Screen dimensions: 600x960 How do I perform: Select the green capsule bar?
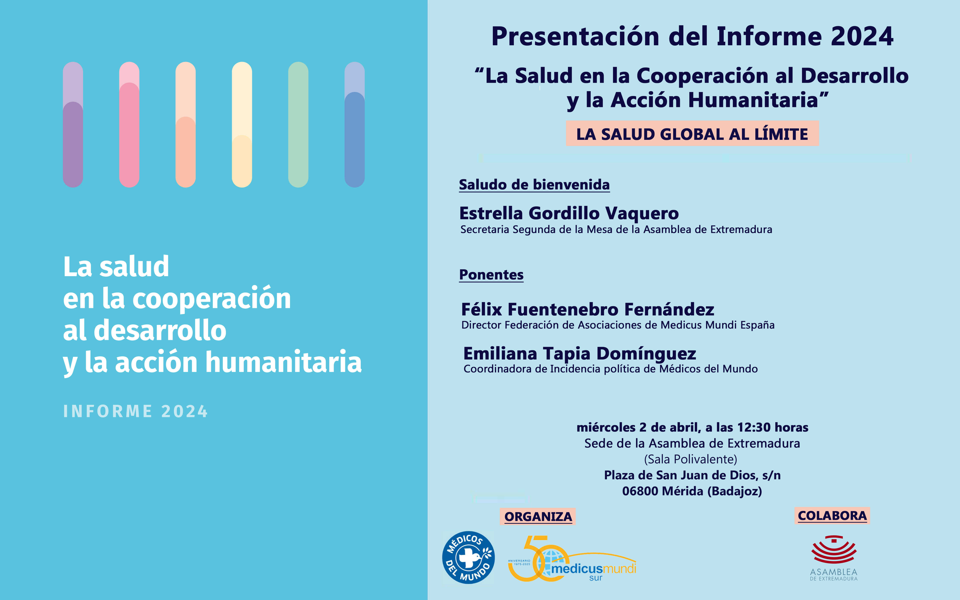point(298,125)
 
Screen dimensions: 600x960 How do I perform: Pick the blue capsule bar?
point(355,125)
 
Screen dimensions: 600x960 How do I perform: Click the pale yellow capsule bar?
point(242,125)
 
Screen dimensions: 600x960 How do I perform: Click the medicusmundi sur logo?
point(572,560)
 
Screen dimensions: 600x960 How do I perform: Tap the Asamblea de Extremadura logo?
point(834,558)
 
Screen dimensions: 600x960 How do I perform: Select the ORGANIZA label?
point(538,517)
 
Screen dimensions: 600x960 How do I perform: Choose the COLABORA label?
point(832,516)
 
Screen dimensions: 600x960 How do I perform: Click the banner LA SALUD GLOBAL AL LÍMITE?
point(692,134)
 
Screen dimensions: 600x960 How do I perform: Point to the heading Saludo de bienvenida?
point(534,185)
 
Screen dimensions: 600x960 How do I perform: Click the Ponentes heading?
point(491,275)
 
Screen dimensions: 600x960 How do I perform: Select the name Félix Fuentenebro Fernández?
point(588,309)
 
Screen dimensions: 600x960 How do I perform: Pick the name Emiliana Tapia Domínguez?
point(580,353)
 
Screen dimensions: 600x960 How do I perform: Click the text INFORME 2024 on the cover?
point(135,411)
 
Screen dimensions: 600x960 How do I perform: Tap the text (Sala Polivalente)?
point(690,459)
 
